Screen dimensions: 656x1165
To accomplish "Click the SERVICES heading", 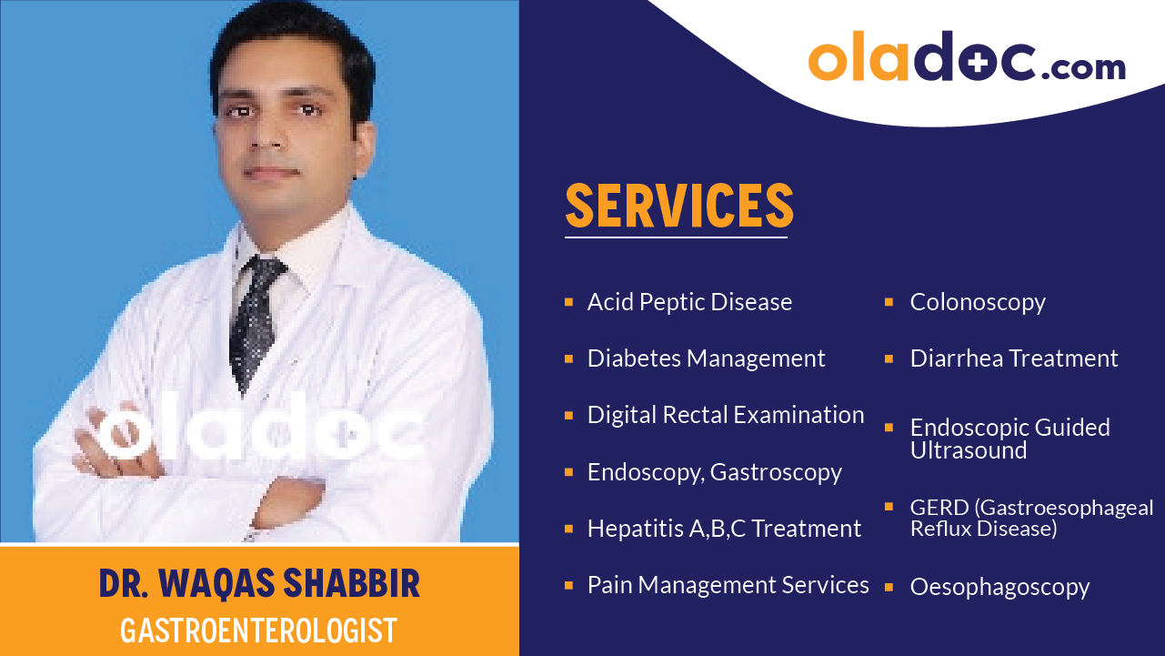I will coord(678,206).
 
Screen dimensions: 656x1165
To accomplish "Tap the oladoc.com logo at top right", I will coord(967,61).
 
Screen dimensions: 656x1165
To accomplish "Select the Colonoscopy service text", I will coord(978,302).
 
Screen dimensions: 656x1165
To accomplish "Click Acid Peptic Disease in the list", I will coord(689,302).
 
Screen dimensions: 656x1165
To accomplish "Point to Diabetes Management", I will coord(706,358).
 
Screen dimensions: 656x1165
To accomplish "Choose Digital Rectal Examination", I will coord(726,415).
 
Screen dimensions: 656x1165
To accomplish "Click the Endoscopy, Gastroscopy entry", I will coord(714,472).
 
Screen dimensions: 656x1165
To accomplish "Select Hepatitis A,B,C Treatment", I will coord(724,529).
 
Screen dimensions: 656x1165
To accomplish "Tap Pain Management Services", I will coord(728,585).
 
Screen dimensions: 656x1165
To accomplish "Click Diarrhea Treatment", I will coord(1014,358).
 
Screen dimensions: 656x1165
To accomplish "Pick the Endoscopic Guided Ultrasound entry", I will coord(1009,439).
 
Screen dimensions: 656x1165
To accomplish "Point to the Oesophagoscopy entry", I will coord(999,588).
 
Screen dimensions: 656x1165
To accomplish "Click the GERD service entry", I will coord(1031,518).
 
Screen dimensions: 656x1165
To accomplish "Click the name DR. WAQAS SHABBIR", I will coord(259,585).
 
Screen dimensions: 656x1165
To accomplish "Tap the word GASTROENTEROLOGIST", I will coord(259,630).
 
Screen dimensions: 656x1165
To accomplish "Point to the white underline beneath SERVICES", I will coord(676,237).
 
